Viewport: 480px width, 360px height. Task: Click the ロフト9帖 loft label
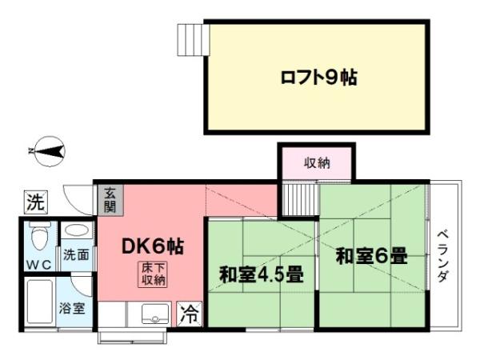coord(318,78)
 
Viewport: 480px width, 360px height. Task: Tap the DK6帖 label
coord(152,246)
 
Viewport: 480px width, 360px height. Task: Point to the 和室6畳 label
coord(371,257)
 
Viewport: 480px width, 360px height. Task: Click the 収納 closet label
coord(316,164)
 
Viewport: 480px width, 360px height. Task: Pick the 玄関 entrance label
coord(110,199)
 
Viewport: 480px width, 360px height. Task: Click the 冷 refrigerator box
coord(190,313)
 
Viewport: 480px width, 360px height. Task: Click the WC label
coord(37,263)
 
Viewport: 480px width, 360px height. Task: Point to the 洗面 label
coord(77,256)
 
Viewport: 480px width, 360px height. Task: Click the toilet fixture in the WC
coord(37,235)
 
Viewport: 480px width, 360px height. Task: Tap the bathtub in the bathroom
coord(38,303)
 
